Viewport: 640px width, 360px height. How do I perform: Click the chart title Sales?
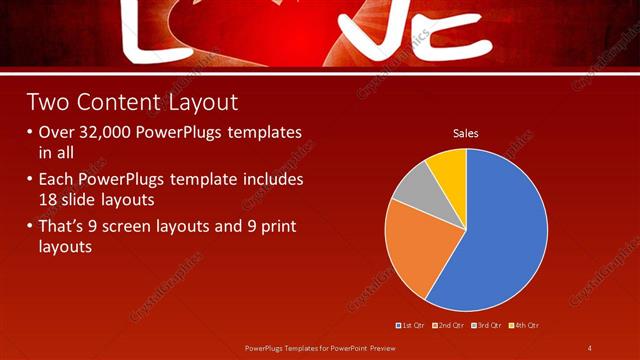click(466, 132)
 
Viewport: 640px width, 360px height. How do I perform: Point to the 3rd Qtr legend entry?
click(487, 325)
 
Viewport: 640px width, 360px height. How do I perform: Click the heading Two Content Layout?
click(132, 102)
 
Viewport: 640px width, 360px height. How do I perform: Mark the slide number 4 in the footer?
click(589, 348)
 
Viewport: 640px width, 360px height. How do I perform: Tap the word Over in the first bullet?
click(57, 133)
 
